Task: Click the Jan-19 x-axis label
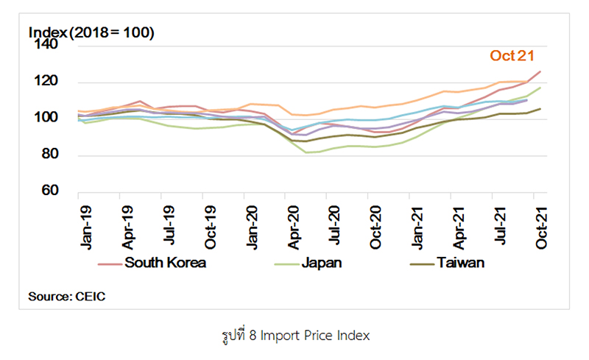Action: click(85, 225)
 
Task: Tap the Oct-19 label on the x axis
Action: click(211, 225)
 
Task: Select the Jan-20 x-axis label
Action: click(253, 225)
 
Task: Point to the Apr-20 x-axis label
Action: click(294, 225)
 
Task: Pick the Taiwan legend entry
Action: click(459, 263)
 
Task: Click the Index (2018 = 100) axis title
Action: click(91, 32)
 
